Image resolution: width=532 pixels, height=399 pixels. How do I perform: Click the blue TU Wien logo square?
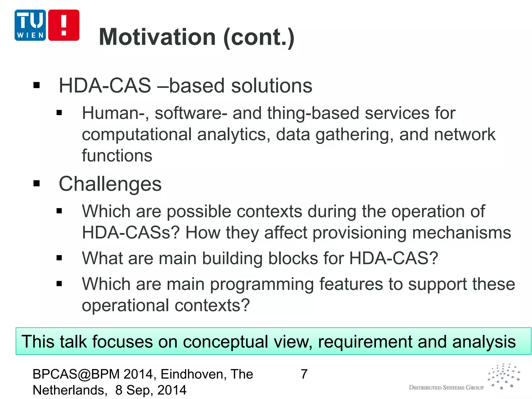click(x=30, y=25)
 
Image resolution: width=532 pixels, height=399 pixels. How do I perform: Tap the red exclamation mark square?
click(x=64, y=25)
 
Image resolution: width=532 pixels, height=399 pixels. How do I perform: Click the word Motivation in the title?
click(x=157, y=37)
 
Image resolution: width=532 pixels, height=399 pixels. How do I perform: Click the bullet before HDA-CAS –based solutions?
click(x=37, y=85)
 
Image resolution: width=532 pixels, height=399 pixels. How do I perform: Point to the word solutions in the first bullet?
click(x=271, y=86)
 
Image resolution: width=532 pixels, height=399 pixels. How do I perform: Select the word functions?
click(x=117, y=156)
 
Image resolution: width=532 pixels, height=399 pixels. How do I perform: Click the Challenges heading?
click(x=110, y=184)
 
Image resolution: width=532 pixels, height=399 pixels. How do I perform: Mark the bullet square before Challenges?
click(x=37, y=183)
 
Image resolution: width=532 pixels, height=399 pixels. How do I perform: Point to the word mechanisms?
click(x=461, y=233)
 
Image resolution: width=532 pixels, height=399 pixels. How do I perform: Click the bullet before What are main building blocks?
click(x=59, y=258)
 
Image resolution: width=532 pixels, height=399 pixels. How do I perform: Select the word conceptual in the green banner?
click(x=225, y=342)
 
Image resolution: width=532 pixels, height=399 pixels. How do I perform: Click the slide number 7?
click(x=304, y=374)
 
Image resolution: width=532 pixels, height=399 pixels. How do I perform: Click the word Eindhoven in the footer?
click(x=191, y=374)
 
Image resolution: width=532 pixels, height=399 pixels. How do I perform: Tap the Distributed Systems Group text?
click(x=446, y=388)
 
